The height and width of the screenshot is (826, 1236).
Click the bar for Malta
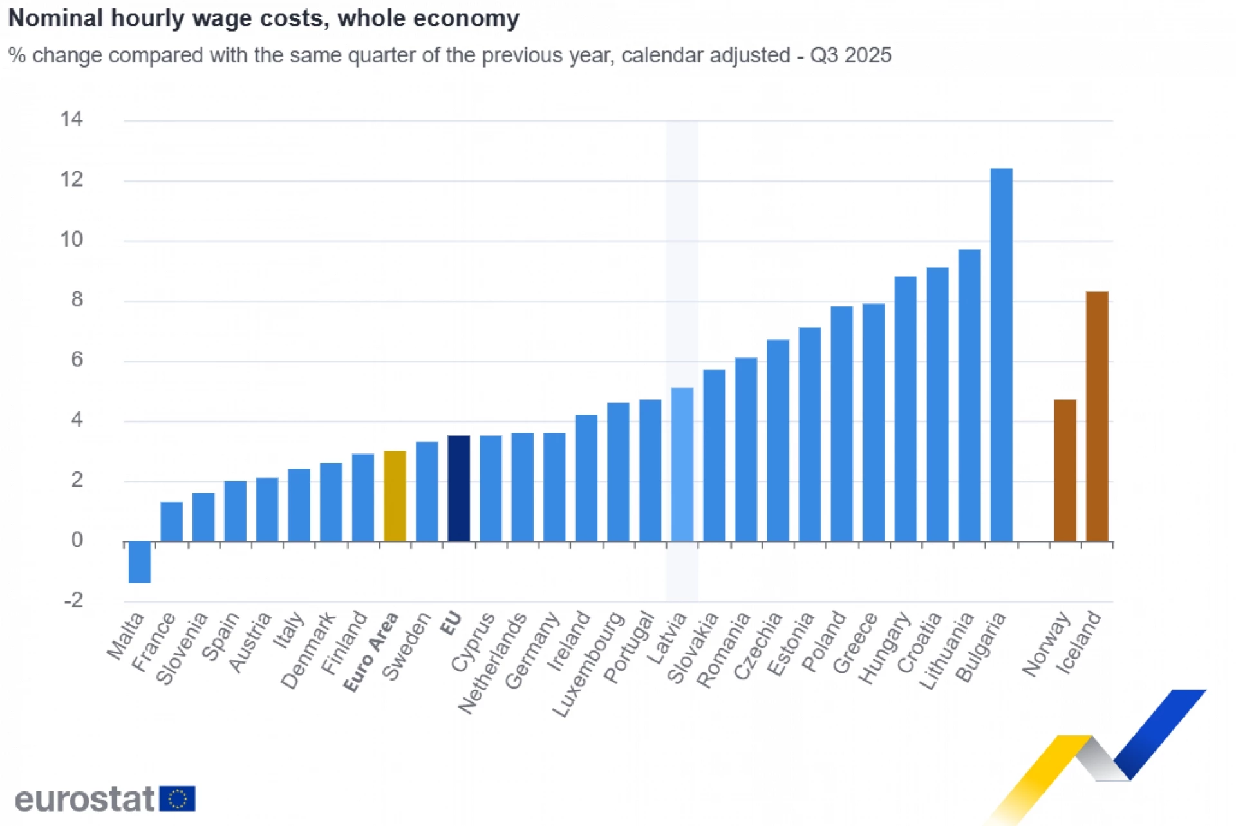[x=140, y=562]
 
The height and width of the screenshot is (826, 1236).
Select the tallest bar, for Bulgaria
[x=1001, y=355]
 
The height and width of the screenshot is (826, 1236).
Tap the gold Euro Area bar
[x=395, y=496]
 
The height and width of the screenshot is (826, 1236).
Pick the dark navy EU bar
[x=458, y=489]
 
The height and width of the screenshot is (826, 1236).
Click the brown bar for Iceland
[x=1097, y=417]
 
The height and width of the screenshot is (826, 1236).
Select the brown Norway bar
[x=1065, y=471]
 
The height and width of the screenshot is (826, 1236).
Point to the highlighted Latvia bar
[x=682, y=464]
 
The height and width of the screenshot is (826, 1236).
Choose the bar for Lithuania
[x=969, y=395]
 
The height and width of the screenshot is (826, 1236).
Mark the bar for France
[x=171, y=521]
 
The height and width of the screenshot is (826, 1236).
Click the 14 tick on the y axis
[x=71, y=119]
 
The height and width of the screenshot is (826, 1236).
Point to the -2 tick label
[x=73, y=601]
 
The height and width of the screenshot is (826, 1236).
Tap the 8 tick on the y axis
[x=77, y=299]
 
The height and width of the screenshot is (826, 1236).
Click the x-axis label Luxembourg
[x=589, y=664]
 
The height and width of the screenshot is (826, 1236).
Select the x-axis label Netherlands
[x=492, y=664]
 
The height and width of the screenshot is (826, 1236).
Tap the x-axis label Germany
[x=532, y=651]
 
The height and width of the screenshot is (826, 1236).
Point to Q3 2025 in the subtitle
[x=850, y=55]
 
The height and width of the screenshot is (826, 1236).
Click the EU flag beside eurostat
[x=177, y=799]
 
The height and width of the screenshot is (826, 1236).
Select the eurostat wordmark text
[x=84, y=800]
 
